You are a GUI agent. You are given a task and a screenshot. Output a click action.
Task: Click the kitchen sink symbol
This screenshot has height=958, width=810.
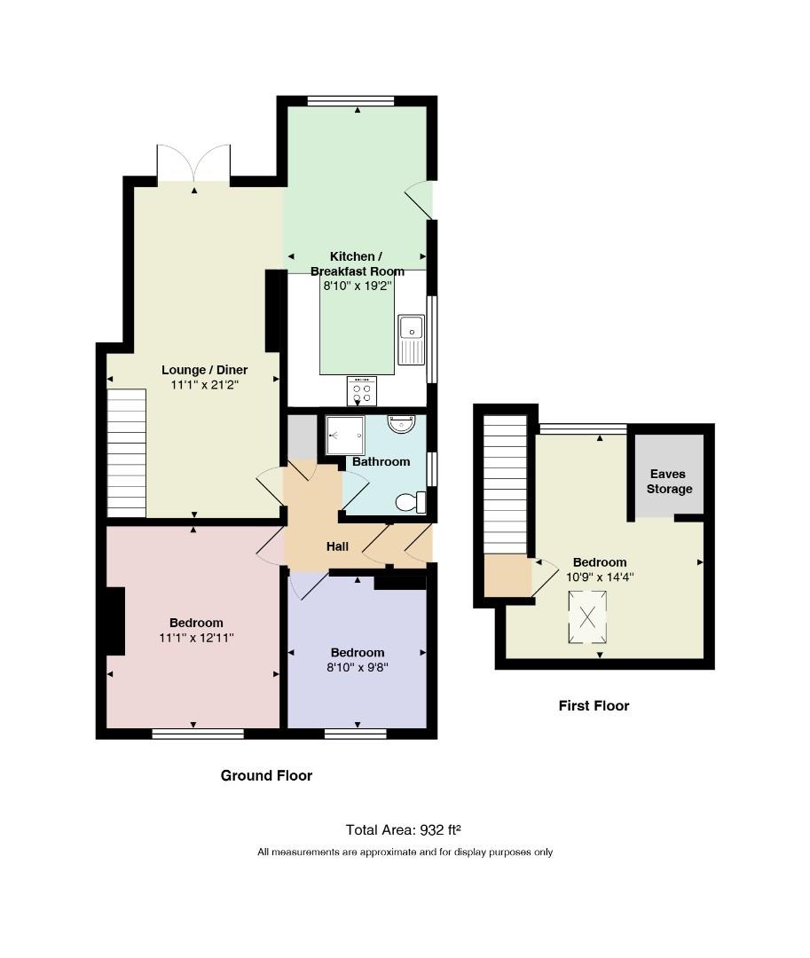click(x=411, y=340)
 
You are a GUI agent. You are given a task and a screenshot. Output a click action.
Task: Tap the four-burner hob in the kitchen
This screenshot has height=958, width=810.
click(x=362, y=391)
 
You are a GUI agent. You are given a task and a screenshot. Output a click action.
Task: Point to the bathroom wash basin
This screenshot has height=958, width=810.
click(x=401, y=424)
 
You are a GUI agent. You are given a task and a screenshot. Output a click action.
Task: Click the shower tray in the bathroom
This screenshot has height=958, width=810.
click(x=345, y=435)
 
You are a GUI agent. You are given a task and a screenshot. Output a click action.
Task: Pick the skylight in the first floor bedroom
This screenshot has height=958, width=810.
click(x=587, y=617)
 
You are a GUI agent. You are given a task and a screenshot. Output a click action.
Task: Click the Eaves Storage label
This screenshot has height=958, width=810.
click(x=670, y=482)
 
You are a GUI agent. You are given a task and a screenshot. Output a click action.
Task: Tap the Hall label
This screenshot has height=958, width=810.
click(x=337, y=546)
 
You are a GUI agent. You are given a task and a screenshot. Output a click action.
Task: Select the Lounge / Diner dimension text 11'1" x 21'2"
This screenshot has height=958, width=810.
click(x=205, y=385)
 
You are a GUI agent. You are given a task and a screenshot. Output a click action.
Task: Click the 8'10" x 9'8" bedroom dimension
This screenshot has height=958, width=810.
click(x=358, y=667)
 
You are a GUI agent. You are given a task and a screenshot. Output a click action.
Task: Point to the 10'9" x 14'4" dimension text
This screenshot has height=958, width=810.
click(x=600, y=577)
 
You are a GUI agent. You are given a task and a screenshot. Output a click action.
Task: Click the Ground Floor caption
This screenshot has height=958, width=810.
click(x=266, y=775)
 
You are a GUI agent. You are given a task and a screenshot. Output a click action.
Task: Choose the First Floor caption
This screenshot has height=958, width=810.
click(x=594, y=706)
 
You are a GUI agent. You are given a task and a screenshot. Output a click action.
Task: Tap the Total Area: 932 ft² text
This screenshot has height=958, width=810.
click(x=403, y=829)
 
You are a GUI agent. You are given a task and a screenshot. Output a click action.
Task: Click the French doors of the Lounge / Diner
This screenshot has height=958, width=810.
click(x=193, y=164)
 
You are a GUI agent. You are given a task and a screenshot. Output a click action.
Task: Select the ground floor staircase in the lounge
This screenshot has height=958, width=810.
click(x=127, y=453)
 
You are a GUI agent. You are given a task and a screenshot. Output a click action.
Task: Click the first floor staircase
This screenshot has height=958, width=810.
click(x=505, y=484)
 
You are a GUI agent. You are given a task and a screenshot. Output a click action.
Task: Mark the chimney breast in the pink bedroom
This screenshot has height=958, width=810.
click(x=115, y=621)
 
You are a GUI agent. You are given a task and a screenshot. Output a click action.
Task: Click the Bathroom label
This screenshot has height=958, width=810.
click(x=381, y=462)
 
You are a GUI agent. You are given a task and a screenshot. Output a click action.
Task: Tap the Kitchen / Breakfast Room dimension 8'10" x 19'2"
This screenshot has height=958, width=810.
click(x=358, y=286)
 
